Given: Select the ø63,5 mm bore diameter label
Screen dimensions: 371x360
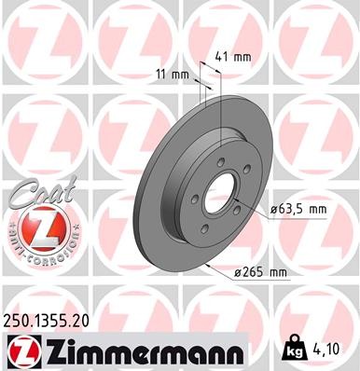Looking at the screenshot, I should tap(298, 210).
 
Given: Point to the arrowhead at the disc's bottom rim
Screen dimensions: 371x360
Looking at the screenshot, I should tap(203, 268).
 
